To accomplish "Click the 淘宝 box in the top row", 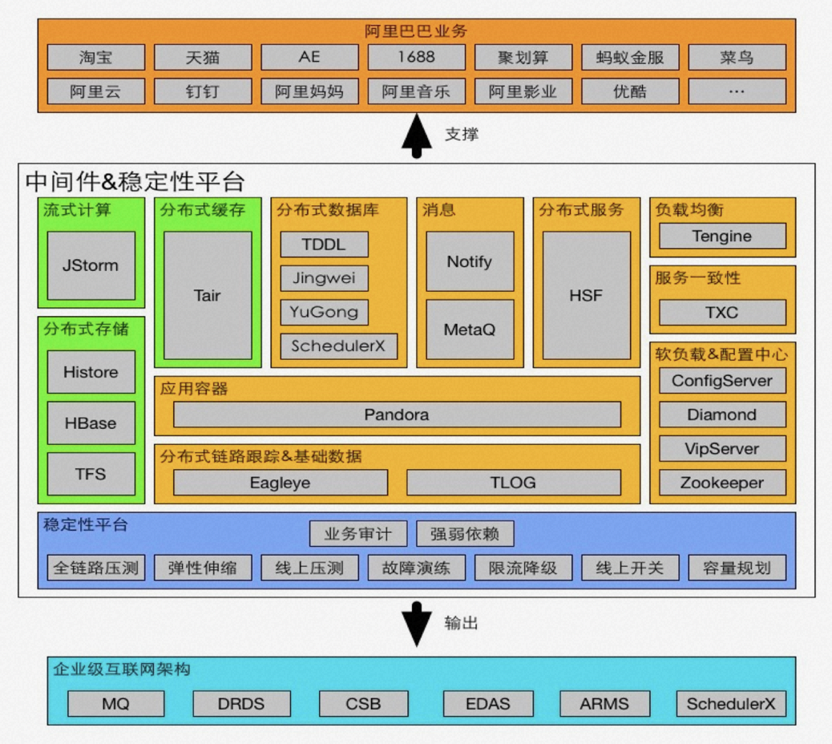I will point(95,57).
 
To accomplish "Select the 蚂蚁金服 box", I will point(630,57).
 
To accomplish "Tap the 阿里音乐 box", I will point(416,91).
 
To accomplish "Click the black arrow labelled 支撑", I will point(416,134).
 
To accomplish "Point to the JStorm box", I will point(91,265).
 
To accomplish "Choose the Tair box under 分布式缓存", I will point(207,295).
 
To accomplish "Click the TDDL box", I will point(324,245).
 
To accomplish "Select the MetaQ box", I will point(470,330).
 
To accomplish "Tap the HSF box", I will point(586,295).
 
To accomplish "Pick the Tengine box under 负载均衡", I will point(721,237).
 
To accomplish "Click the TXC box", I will point(721,313).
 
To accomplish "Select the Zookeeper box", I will point(721,483).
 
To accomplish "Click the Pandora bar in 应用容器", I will point(397,414).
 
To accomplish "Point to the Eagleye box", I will point(280,483).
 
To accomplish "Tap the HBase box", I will point(91,423).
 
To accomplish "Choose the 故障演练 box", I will point(416,568).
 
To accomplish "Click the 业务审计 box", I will point(358,534).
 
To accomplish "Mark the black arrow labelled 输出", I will point(416,623).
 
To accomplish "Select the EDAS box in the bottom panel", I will point(487,704).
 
